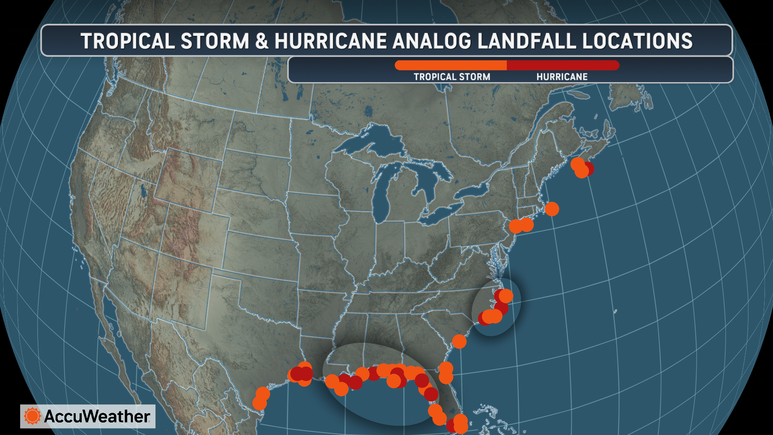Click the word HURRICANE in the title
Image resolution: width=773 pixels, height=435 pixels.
click(x=331, y=41)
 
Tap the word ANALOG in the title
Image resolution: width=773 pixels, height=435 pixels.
click(x=432, y=41)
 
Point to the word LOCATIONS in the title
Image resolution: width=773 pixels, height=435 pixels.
click(x=637, y=41)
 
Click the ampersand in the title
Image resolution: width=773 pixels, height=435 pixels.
click(x=262, y=41)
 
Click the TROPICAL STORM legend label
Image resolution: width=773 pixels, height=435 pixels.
click(x=452, y=77)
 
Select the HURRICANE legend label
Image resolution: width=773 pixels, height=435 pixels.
click(x=562, y=77)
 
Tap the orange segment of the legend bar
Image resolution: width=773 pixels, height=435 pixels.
click(x=451, y=65)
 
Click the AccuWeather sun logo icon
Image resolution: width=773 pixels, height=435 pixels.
click(x=32, y=416)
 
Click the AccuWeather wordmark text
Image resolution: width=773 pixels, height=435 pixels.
click(x=97, y=416)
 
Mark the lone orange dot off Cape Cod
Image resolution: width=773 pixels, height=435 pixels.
click(x=552, y=209)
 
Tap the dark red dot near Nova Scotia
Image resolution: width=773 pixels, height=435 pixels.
click(x=589, y=168)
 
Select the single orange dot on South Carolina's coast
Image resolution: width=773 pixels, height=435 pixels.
click(x=459, y=342)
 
